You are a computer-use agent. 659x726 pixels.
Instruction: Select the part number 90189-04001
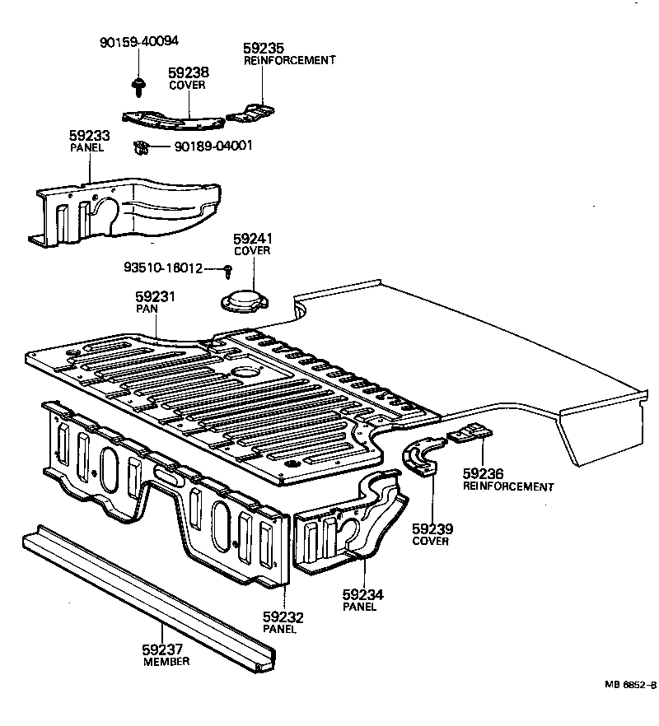(213, 147)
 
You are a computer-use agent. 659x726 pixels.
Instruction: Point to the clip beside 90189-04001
(142, 149)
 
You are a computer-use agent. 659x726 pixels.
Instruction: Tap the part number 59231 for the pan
(156, 296)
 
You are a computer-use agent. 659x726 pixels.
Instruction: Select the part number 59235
(264, 49)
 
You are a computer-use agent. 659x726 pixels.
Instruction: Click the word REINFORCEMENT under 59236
(508, 486)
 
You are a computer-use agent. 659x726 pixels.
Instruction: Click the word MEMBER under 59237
(166, 662)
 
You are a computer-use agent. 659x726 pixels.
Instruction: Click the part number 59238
(188, 73)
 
